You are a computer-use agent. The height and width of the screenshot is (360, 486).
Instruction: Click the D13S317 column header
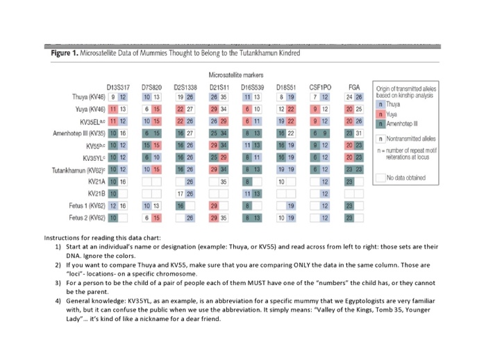click(x=118, y=87)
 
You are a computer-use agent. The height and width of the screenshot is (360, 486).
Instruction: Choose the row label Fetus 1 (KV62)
click(x=87, y=206)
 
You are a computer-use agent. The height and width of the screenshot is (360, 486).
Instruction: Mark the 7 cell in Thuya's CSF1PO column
click(x=315, y=97)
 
